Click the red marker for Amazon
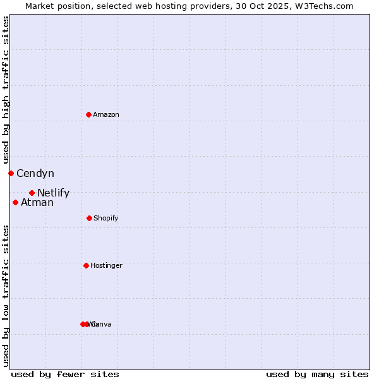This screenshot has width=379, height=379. (x=88, y=114)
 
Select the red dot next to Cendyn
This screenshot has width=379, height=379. (x=11, y=173)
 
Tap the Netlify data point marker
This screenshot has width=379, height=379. (x=32, y=193)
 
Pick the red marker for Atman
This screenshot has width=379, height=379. (x=15, y=202)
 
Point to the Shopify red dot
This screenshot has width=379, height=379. (x=89, y=218)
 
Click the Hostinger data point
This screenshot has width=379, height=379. (x=86, y=265)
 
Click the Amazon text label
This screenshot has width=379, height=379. (x=106, y=114)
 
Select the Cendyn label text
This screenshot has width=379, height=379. (x=35, y=173)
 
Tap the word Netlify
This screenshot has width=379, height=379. (x=53, y=193)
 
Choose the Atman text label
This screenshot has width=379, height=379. (x=37, y=202)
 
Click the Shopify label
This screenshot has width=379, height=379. (x=106, y=218)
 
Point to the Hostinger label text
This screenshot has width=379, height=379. (x=106, y=265)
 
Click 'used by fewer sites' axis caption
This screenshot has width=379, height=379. (x=65, y=374)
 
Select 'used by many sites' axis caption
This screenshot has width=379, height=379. (x=317, y=374)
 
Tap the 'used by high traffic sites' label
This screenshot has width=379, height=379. (x=6, y=90)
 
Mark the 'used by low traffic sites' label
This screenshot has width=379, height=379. (x=6, y=295)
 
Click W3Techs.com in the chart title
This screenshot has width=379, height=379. (x=322, y=6)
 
